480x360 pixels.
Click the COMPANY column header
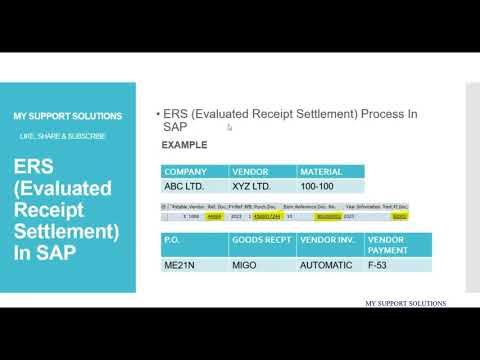187,171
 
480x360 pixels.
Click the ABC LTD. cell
187,186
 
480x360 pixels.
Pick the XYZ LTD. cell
255,186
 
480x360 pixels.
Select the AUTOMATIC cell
328,265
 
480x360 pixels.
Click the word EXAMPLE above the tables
184,145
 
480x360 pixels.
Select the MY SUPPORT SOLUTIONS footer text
404,303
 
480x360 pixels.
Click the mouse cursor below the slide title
229,128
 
